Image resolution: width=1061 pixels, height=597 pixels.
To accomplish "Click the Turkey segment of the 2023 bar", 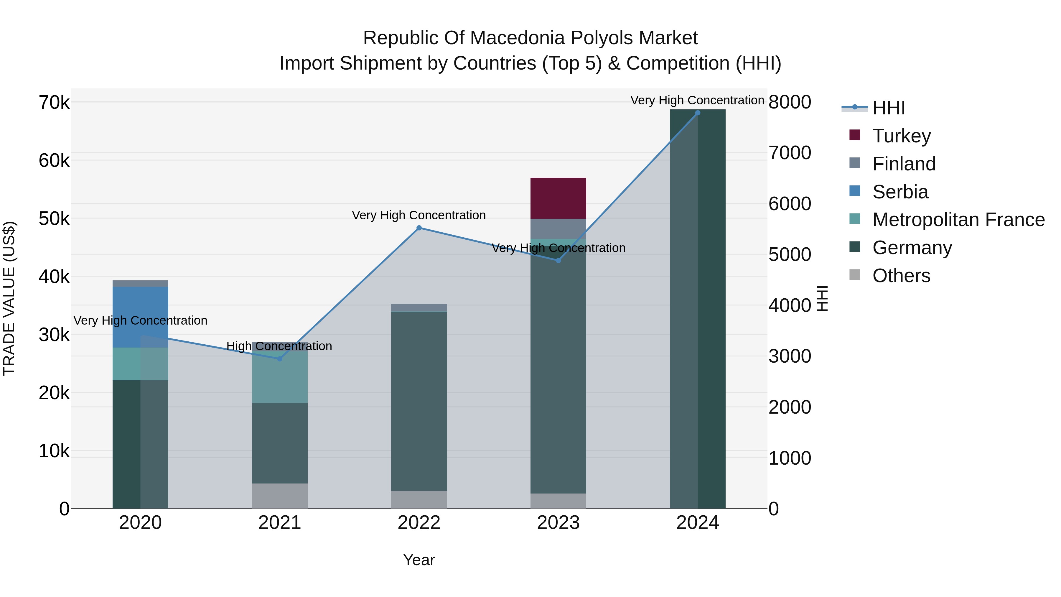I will click(x=558, y=198).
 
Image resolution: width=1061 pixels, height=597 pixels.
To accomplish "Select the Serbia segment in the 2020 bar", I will click(x=140, y=317).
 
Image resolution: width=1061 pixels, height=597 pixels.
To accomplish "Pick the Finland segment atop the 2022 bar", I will click(x=419, y=308).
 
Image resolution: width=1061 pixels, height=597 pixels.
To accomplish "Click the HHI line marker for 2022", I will click(x=419, y=228).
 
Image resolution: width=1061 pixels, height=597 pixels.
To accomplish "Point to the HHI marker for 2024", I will click(x=697, y=113).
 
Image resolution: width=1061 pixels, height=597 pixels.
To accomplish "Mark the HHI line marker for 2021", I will click(x=280, y=359).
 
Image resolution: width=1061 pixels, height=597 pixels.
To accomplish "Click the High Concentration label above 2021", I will click(x=279, y=346).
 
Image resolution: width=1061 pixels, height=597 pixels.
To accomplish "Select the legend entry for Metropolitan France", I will click(x=958, y=220).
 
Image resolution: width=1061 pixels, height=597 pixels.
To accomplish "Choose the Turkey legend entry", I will click(x=901, y=136).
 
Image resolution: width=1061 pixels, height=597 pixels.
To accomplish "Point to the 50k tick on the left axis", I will click(x=54, y=219).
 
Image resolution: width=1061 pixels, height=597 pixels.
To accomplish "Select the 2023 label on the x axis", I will click(x=558, y=523).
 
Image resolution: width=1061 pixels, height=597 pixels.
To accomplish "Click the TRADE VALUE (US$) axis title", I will click(x=9, y=298).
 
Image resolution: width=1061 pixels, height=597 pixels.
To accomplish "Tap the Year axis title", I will click(x=419, y=560).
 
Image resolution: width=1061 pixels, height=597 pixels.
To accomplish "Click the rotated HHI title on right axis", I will click(x=822, y=298).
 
